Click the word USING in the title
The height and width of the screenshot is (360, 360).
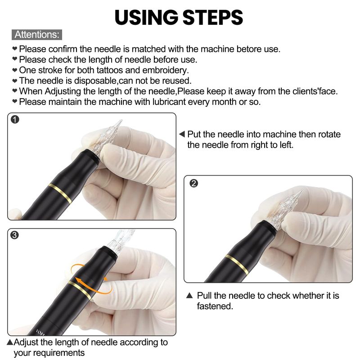pyautogui.click(x=147, y=18)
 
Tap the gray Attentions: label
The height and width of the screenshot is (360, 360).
pyautogui.click(x=37, y=35)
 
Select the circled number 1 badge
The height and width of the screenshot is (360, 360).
pyautogui.click(x=15, y=120)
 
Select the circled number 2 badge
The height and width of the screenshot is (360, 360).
pyautogui.click(x=194, y=183)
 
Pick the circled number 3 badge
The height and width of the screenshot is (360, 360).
pyautogui.click(x=14, y=235)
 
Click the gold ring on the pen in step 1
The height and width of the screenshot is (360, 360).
pyautogui.click(x=60, y=193)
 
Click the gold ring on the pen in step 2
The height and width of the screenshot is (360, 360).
pyautogui.click(x=237, y=265)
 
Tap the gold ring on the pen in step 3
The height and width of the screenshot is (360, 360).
pyautogui.click(x=80, y=290)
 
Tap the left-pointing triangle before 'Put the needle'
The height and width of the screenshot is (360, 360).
pyautogui.click(x=182, y=134)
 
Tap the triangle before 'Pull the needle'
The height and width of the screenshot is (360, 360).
pyautogui.click(x=189, y=295)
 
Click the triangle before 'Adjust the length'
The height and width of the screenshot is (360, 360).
pyautogui.click(x=10, y=342)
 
